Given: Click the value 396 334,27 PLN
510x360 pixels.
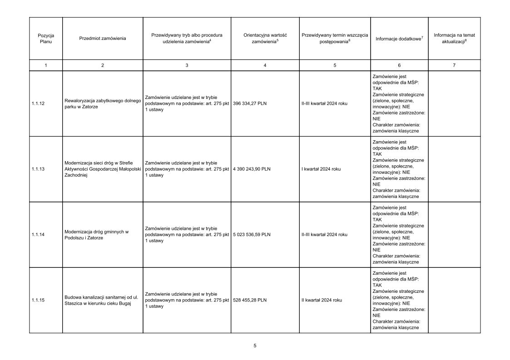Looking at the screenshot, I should point(250,104).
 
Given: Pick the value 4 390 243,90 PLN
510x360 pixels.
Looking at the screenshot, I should point(252,169).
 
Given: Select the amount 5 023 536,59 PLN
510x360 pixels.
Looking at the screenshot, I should point(252,235).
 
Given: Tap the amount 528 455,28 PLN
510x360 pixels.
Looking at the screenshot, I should point(250,300).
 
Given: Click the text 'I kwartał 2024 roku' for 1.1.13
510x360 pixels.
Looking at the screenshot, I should point(321,169).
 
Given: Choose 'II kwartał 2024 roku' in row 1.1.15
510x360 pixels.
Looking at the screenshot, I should point(322,300).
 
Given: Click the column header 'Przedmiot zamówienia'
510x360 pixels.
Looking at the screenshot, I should point(102,39).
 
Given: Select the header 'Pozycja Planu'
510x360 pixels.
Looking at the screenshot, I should point(46,39).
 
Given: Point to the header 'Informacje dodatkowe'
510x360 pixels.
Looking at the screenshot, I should point(399,39).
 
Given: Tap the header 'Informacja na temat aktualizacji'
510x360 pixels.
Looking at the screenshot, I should point(454,38).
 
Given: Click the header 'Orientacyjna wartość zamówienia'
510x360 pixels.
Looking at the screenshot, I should point(265,38).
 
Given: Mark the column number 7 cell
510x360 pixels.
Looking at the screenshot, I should point(454,65).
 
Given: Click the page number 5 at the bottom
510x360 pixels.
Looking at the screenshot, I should point(255,346).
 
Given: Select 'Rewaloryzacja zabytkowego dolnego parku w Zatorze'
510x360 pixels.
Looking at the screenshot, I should point(103,104).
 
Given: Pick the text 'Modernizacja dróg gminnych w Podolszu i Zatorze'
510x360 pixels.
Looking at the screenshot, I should point(97,235).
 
